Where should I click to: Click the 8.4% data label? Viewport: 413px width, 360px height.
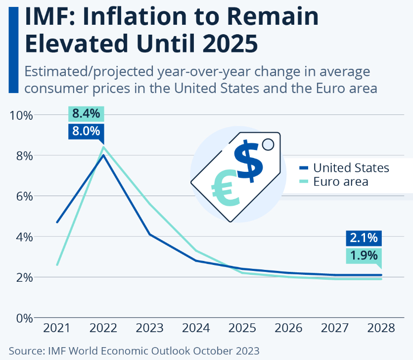click(86, 113)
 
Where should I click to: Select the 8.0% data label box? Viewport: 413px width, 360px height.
click(86, 131)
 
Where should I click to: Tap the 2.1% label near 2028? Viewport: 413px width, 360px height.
click(364, 238)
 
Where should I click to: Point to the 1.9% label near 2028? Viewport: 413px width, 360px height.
click(364, 256)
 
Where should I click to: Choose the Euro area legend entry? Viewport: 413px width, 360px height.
click(341, 182)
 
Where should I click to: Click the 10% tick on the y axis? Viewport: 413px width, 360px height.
click(21, 115)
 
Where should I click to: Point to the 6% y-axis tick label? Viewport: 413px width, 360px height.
click(24, 197)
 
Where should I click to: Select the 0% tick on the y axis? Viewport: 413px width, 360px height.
click(24, 318)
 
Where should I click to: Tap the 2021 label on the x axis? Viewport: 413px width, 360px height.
click(57, 328)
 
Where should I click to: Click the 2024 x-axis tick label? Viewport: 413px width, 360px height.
click(196, 328)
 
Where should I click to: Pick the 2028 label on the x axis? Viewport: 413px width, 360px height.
click(381, 328)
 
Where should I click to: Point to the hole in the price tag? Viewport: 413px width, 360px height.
click(268, 144)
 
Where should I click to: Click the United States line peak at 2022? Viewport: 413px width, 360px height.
click(103, 155)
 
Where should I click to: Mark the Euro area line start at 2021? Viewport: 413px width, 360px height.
click(57, 265)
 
